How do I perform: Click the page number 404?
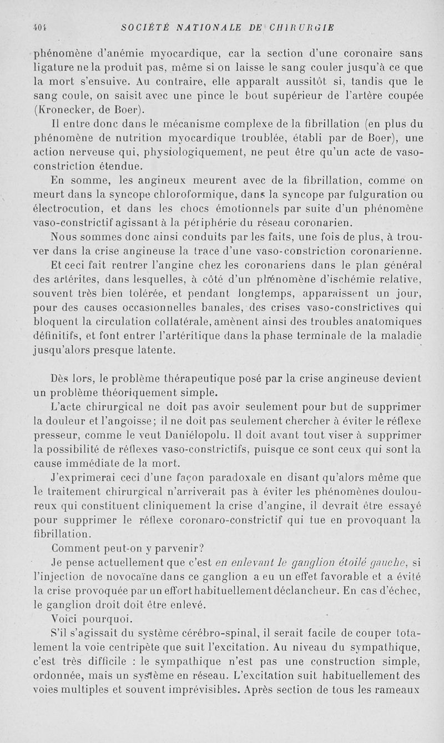39,27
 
